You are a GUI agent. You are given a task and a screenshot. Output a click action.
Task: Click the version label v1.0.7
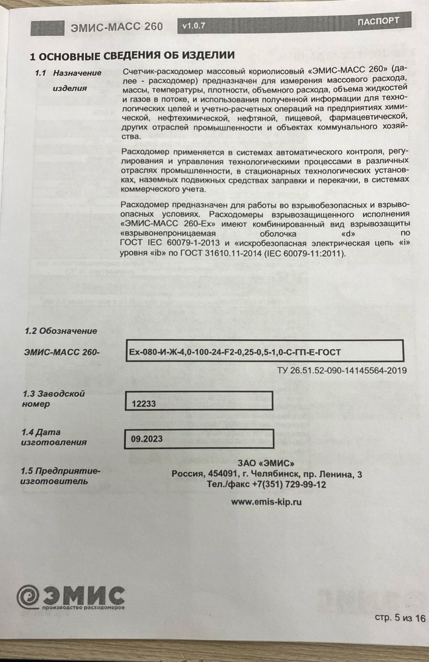(x=194, y=26)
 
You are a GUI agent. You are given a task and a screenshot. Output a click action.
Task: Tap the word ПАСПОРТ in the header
(x=378, y=21)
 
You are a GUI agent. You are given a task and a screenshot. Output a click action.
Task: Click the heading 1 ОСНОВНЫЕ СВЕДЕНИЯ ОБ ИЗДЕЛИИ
(x=132, y=55)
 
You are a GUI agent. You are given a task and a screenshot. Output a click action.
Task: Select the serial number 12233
(x=144, y=404)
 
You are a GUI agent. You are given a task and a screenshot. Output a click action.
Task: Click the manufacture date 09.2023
(x=146, y=439)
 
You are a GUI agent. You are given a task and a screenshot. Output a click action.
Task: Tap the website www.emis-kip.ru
(x=266, y=502)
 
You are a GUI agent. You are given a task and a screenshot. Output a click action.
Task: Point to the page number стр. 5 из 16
(x=400, y=618)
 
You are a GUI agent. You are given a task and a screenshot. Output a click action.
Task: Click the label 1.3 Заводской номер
(x=53, y=398)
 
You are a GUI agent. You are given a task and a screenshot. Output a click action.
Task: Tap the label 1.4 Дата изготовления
(x=54, y=437)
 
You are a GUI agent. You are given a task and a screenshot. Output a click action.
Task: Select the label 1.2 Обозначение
(x=61, y=331)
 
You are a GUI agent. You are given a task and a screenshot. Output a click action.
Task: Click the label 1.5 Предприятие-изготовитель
(x=60, y=476)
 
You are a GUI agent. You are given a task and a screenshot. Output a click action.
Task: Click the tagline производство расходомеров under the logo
(x=83, y=608)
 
